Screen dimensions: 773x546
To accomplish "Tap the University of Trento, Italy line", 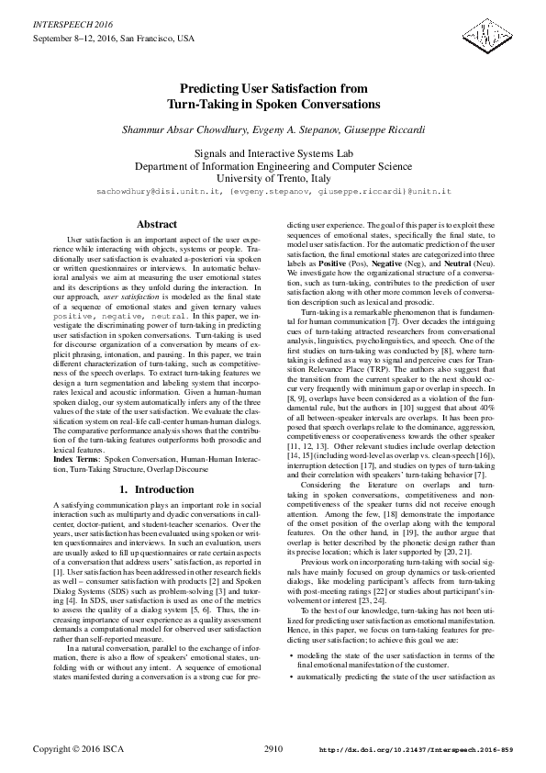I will (273, 180).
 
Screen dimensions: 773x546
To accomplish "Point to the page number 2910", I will (273, 749).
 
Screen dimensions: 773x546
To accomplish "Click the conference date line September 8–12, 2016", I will (115, 39).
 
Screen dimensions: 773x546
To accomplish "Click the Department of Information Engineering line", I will (273, 167).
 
